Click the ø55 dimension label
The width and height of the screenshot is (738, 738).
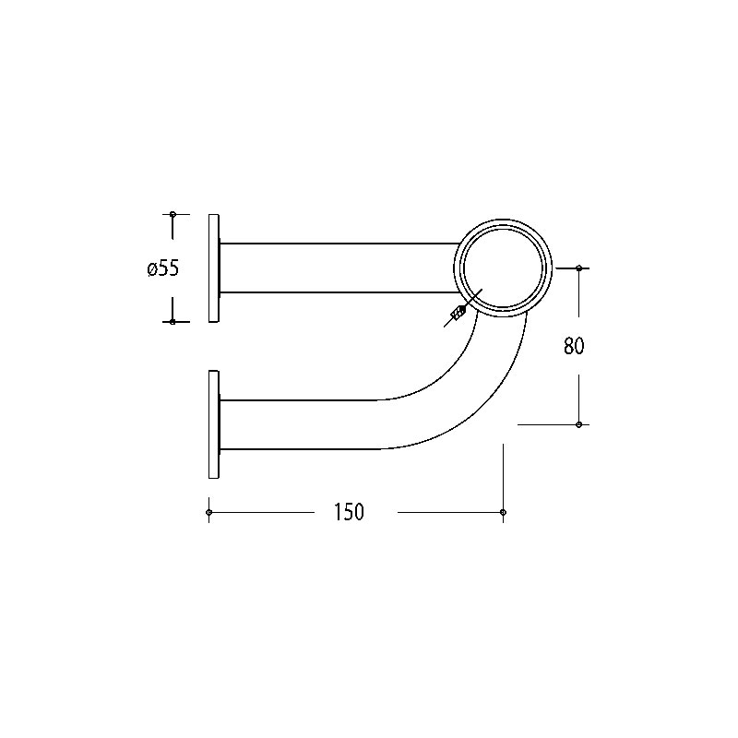pos(163,268)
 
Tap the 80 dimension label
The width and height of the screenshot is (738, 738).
pos(574,346)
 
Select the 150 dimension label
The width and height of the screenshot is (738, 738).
pos(350,512)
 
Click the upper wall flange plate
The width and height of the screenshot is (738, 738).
pos(214,268)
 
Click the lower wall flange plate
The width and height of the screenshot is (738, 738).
pos(214,424)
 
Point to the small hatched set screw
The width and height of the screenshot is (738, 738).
pos(458,313)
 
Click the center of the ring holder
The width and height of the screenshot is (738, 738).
pos(503,268)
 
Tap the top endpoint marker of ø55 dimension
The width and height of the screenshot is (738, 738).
pos(173,214)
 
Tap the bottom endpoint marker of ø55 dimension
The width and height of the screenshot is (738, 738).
pos(173,322)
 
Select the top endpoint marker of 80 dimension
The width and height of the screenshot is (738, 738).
pos(579,268)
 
